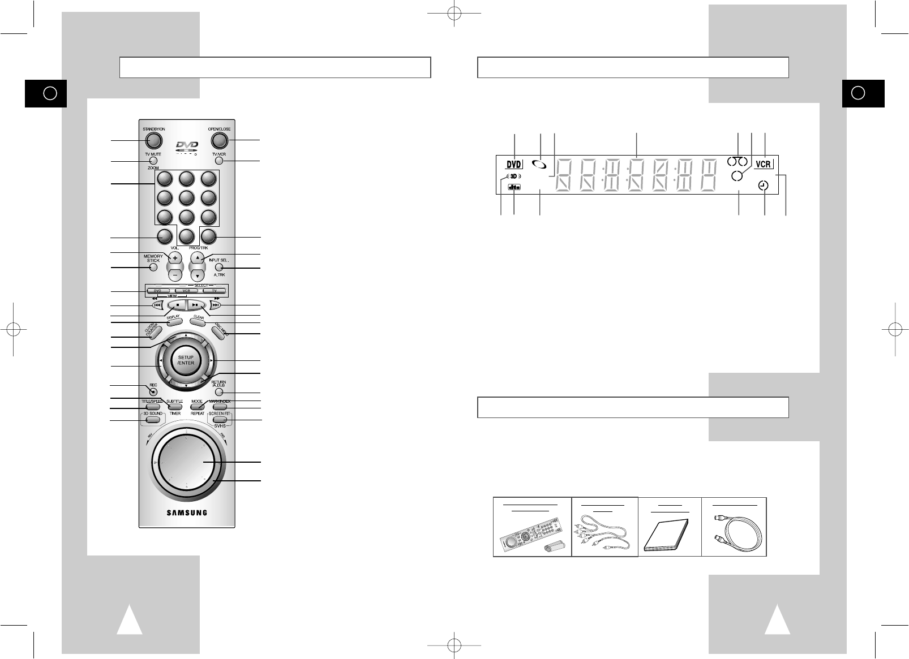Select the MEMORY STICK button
(153, 268)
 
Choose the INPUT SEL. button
(220, 268)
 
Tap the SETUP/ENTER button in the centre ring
(186, 360)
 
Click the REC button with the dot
(153, 391)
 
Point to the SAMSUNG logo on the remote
(186, 513)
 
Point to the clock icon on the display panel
(764, 186)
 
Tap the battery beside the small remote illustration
(555, 547)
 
